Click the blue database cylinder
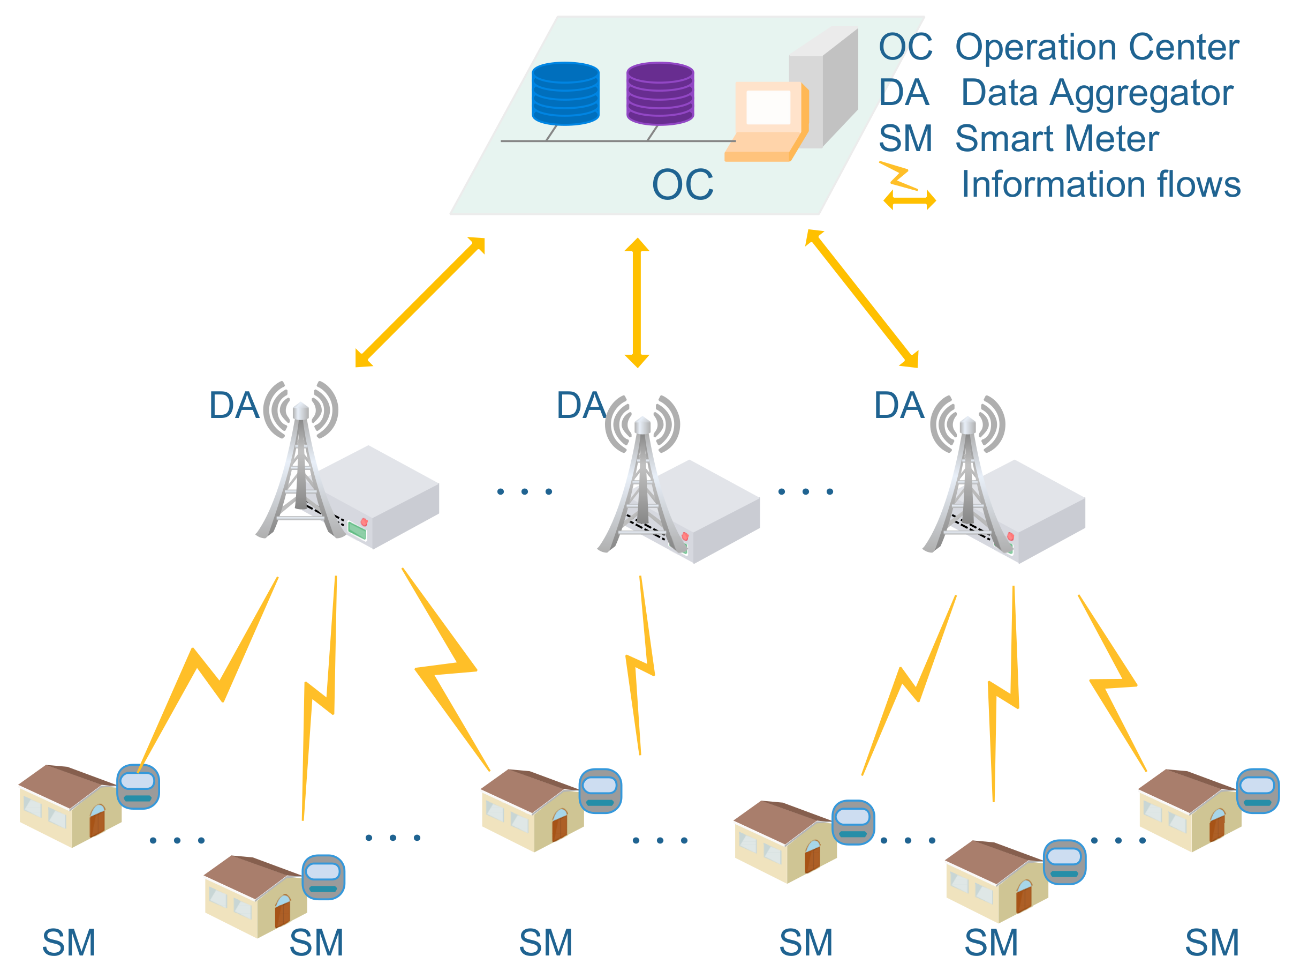(565, 94)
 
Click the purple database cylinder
(660, 94)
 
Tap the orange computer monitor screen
(768, 108)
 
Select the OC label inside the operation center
(682, 185)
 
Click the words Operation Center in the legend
(1097, 47)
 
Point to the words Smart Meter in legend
(1057, 139)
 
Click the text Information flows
(1101, 184)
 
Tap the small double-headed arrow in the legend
(910, 200)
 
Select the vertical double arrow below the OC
(637, 302)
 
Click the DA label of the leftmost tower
(234, 405)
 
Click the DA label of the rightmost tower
(898, 405)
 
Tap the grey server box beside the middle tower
(710, 509)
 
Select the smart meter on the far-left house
(138, 786)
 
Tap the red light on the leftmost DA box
(364, 522)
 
